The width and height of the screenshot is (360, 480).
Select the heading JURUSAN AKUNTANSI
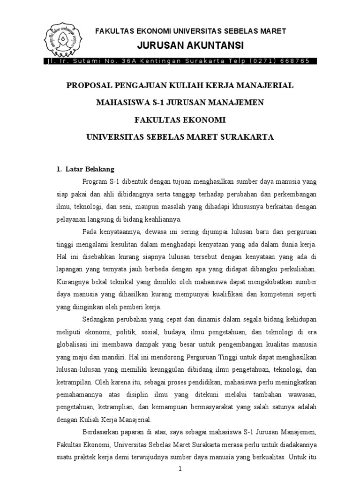tap(190, 45)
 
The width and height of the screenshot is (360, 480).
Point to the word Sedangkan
tap(101, 320)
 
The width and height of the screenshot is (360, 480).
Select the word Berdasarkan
tap(105, 431)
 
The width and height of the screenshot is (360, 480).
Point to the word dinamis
tap(204, 320)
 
